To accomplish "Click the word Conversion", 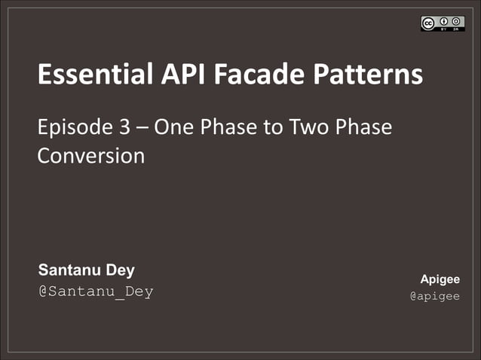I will [90, 156].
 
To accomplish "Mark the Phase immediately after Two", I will [364, 127].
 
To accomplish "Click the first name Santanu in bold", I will [72, 270].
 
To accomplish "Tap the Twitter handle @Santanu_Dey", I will [95, 291].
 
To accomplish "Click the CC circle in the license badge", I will [428, 23].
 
